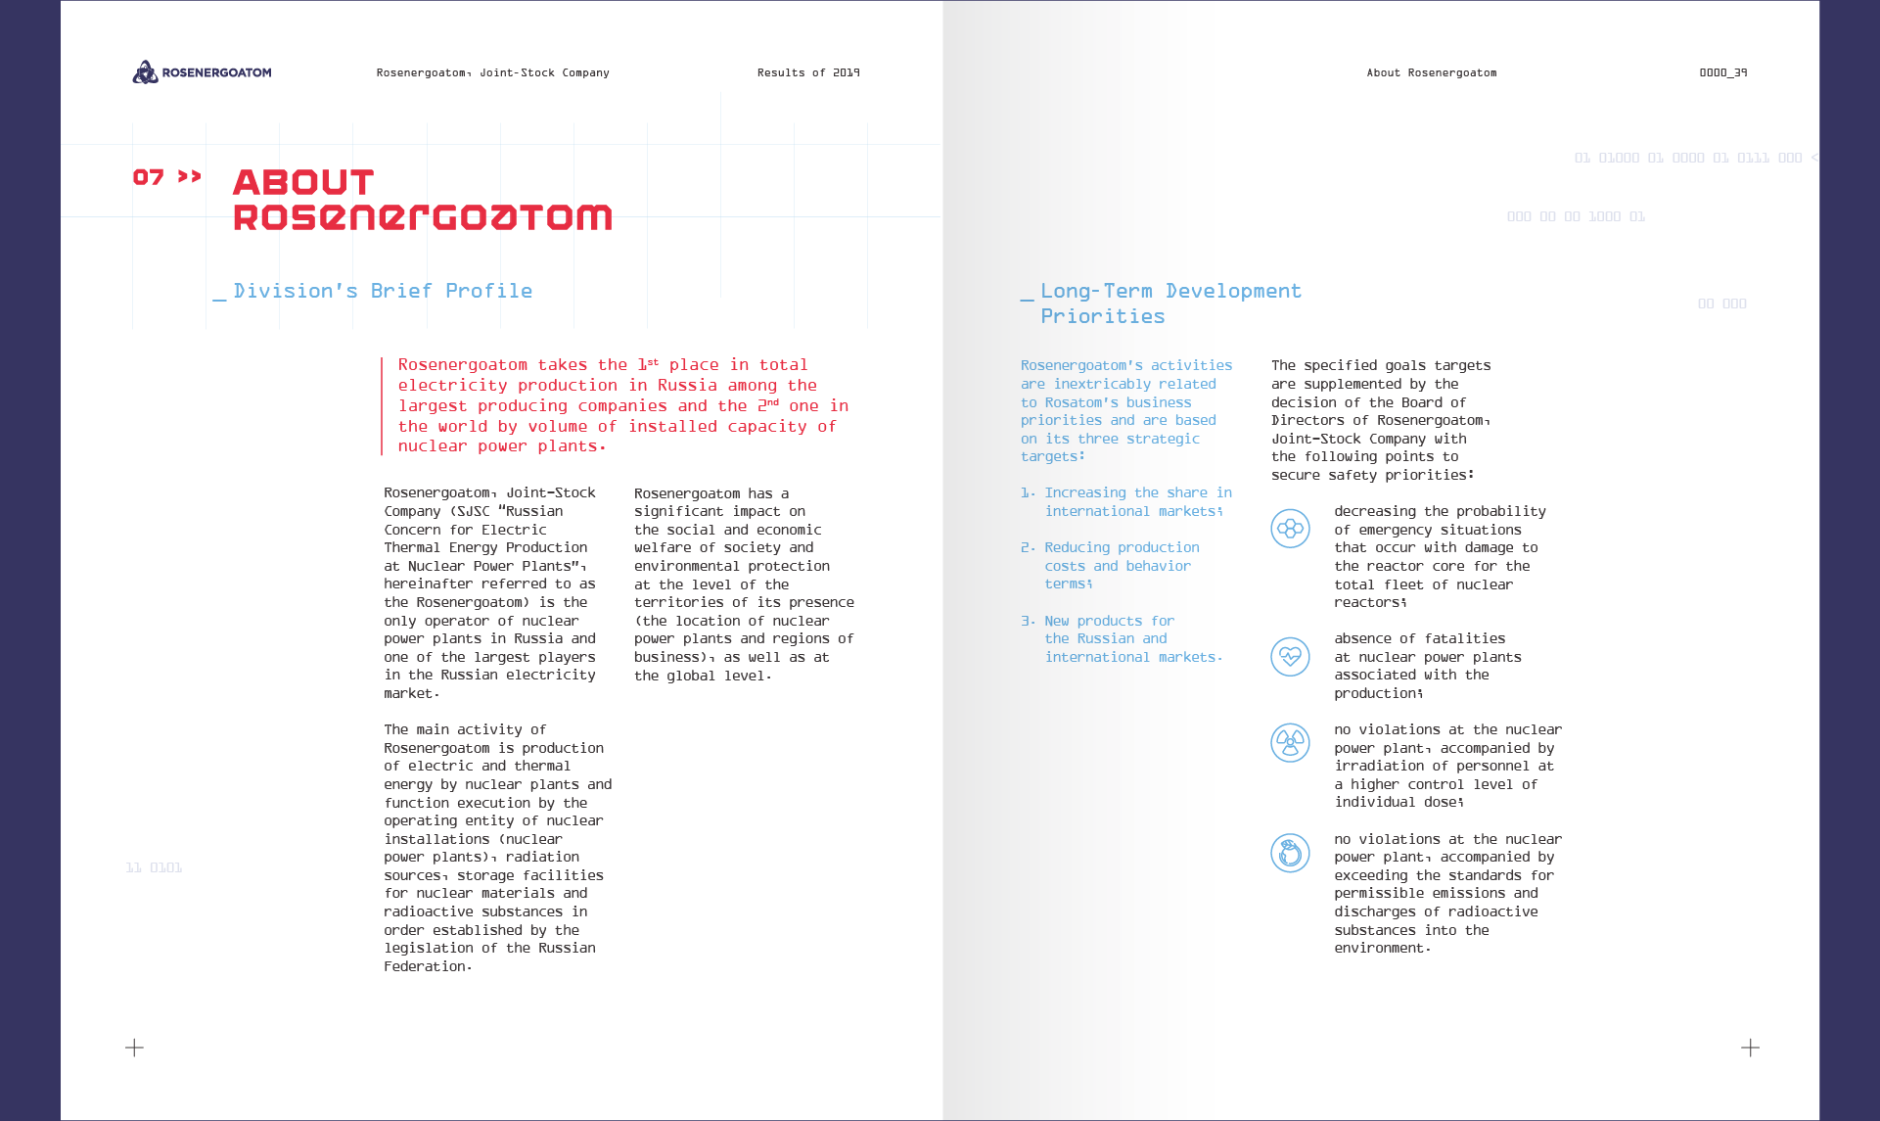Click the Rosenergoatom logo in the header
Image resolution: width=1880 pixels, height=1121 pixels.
coord(202,72)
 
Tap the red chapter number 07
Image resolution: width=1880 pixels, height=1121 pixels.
coord(149,177)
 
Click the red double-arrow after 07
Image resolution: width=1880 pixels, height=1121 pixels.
coord(190,176)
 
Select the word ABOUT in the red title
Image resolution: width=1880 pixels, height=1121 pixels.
coord(303,182)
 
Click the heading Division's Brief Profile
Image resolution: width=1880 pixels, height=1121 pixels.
coord(383,291)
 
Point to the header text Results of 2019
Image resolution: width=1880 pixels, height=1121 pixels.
coord(808,72)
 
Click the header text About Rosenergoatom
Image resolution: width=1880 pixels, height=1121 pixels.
coord(1431,72)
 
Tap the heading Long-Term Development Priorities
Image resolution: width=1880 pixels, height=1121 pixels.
coord(1169,304)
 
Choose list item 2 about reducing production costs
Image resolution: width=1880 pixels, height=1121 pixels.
coord(1121,566)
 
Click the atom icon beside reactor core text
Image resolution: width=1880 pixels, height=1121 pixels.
coord(1290,529)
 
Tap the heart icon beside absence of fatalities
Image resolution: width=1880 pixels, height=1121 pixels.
coord(1290,656)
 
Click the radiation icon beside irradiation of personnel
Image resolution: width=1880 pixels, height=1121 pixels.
coord(1290,742)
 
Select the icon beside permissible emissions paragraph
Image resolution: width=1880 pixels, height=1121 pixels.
coord(1290,853)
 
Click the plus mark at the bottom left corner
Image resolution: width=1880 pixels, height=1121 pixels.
coord(135,1048)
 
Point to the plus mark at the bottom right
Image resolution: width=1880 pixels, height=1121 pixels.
coord(1750,1048)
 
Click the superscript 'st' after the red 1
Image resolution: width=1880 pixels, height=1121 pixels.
coord(653,362)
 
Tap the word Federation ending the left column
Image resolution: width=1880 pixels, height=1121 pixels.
coord(426,966)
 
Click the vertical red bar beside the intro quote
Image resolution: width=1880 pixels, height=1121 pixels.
coord(382,406)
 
